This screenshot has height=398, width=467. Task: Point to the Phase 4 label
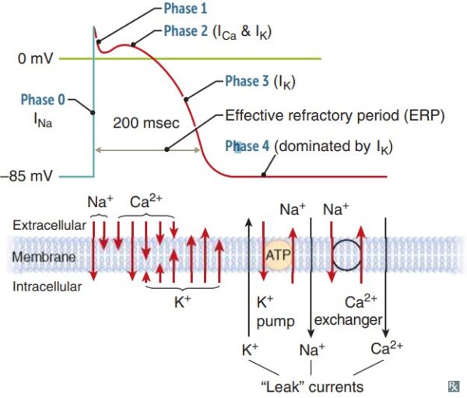pos(248,146)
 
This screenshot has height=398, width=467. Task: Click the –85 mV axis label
pos(30,176)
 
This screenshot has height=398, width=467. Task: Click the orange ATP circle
pos(278,254)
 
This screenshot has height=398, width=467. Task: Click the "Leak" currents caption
pos(310,386)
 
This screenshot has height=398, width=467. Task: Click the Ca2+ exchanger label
pos(356,310)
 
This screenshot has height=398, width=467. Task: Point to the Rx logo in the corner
pos(453,386)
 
